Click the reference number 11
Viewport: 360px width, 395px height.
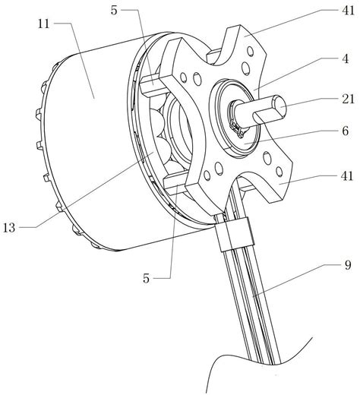[43, 24]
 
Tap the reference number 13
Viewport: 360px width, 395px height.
[9, 228]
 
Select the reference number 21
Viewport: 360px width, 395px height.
[349, 99]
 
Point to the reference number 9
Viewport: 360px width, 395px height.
[348, 265]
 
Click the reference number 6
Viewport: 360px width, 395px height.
[346, 131]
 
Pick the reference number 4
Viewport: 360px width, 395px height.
[346, 59]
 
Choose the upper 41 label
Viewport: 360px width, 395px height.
[349, 11]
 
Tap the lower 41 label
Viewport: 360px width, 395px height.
[347, 176]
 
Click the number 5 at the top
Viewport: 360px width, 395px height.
[114, 11]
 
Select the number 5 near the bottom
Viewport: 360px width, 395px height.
[147, 278]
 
